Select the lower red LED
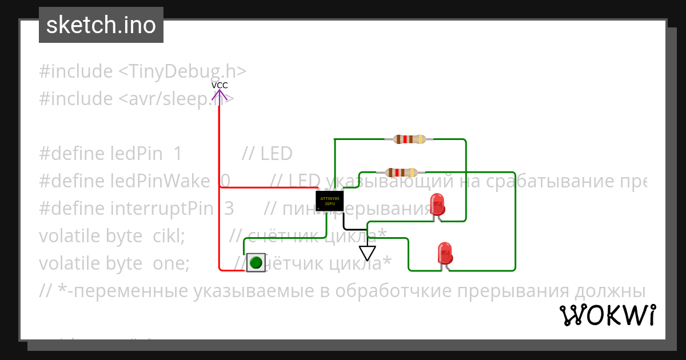coord(444,253)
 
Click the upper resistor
coord(409,139)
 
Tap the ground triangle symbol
coord(367,253)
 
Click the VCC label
coord(220,85)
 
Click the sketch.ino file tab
coord(101,25)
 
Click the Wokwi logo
coord(607,315)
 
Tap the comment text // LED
coord(267,154)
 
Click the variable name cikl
coord(168,235)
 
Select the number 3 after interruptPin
coord(229,209)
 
